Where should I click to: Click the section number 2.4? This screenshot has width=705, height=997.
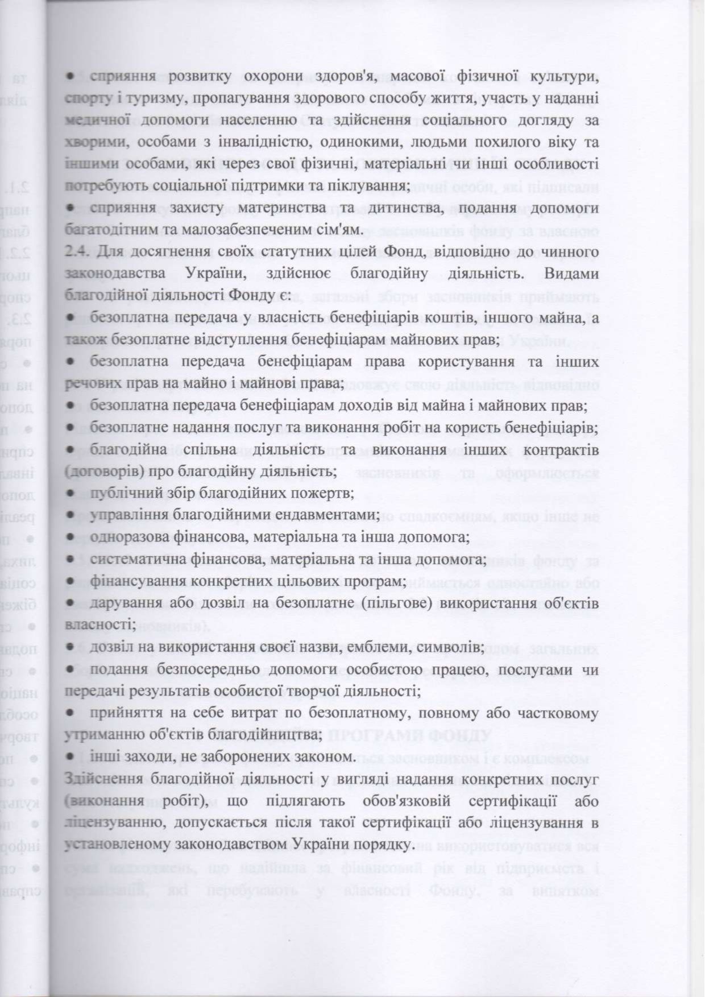tap(78, 251)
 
